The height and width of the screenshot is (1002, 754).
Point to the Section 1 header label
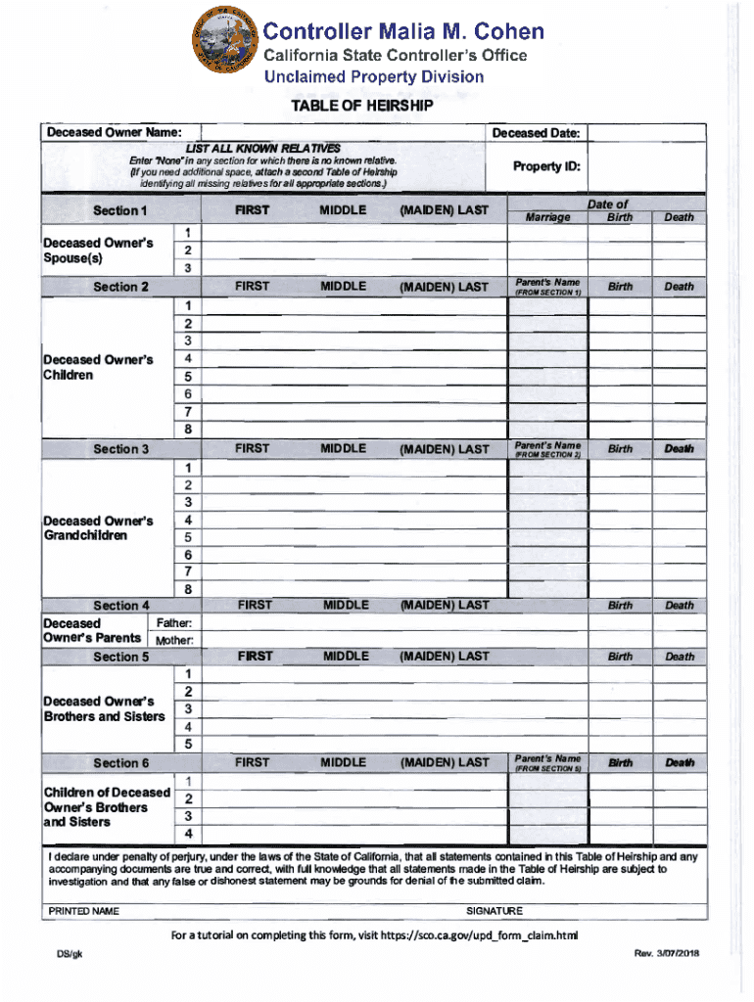119,210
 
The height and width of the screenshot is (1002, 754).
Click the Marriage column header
547,217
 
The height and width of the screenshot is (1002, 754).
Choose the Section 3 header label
119,449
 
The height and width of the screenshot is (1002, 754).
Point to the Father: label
174,623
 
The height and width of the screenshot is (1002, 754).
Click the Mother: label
172,640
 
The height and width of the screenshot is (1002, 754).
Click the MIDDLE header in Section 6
343,761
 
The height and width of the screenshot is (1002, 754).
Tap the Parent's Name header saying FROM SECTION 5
547,762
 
